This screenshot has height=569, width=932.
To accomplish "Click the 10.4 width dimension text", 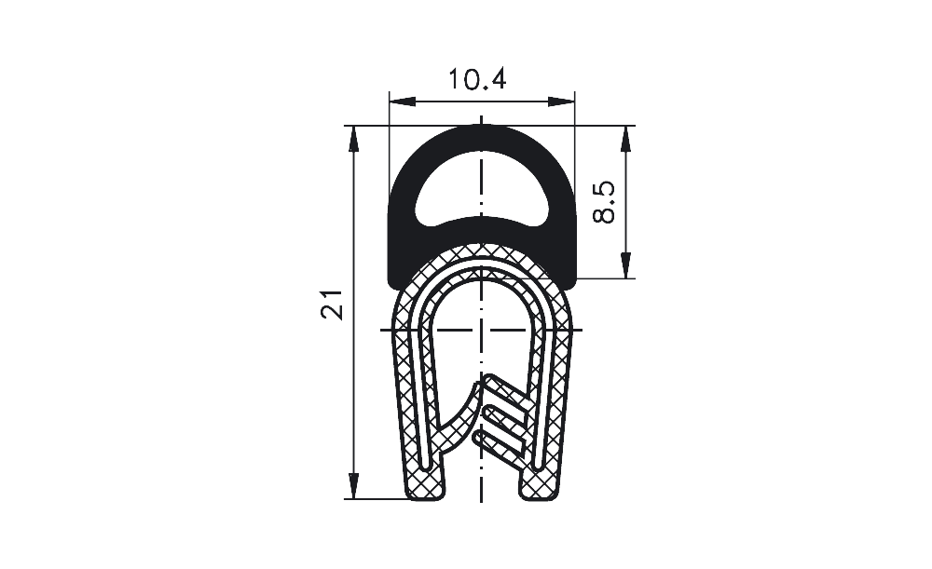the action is [476, 79].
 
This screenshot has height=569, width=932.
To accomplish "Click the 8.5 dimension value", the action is [605, 202].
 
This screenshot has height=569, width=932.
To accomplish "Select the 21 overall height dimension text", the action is [333, 305].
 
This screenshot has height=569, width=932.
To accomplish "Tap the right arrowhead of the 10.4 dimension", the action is [562, 102].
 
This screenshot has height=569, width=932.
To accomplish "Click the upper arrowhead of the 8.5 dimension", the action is [625, 139].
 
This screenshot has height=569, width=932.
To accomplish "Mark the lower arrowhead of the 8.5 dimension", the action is [625, 264].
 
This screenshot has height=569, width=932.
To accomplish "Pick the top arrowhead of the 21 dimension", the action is [354, 139].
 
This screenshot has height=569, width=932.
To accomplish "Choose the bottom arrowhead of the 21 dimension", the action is [354, 486].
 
